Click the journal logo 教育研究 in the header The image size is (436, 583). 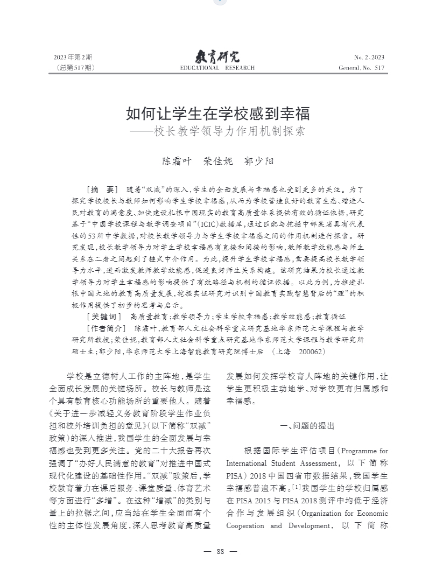point(217,56)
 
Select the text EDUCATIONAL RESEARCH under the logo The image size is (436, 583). point(217,68)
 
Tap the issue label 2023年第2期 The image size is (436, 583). point(73,57)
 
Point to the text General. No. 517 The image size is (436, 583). point(362,68)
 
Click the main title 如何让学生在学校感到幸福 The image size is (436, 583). point(217,114)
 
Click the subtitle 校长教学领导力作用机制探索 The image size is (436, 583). point(229,131)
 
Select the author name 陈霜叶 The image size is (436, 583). point(176,161)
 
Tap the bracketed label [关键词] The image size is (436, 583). point(104,317)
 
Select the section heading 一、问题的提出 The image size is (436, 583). point(307,426)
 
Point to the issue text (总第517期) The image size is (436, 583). point(75,68)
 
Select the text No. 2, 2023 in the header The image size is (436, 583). point(369,57)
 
